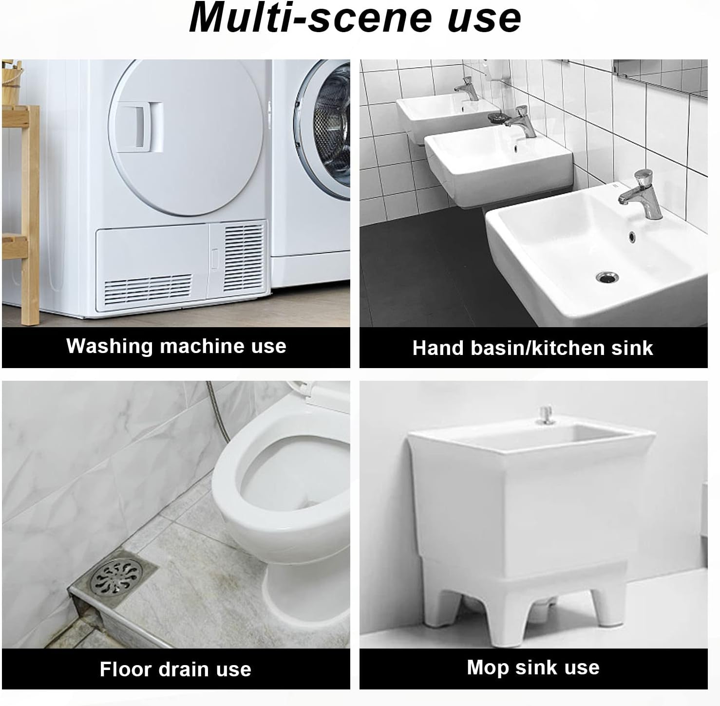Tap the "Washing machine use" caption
[x=176, y=346]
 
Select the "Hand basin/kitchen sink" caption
[x=533, y=348]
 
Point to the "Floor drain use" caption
[x=175, y=669]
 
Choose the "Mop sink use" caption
[x=533, y=668]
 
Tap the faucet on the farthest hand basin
[x=467, y=89]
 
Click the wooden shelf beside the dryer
[x=20, y=204]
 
